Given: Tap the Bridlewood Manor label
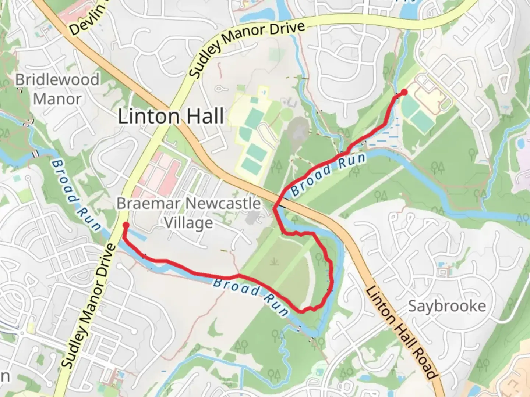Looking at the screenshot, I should pyautogui.click(x=57, y=89).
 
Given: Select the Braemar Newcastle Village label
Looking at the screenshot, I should pyautogui.click(x=189, y=213).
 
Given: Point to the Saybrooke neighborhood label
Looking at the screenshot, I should pyautogui.click(x=447, y=306).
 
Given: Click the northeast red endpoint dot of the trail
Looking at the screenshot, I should pyautogui.click(x=404, y=92).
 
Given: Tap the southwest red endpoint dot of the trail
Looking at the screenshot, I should pyautogui.click(x=126, y=225).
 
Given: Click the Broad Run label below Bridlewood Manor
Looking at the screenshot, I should pyautogui.click(x=75, y=195).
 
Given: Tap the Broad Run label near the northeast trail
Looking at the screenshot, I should pyautogui.click(x=329, y=174).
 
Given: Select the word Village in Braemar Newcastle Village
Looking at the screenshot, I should pyautogui.click(x=188, y=223).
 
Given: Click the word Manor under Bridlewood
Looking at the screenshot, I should pyautogui.click(x=57, y=99).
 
